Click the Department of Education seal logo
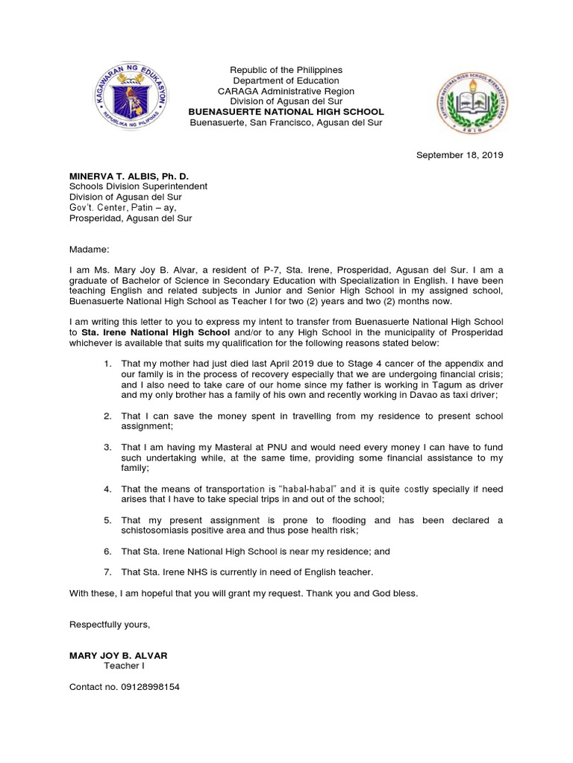[135, 97]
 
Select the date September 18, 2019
[460, 155]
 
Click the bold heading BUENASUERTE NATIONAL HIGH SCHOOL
[286, 112]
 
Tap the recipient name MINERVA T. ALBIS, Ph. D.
[129, 176]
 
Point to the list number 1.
[108, 364]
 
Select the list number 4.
[108, 489]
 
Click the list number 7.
[108, 572]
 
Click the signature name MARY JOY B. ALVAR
[118, 656]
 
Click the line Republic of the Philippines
[286, 70]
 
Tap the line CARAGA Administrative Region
[286, 91]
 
